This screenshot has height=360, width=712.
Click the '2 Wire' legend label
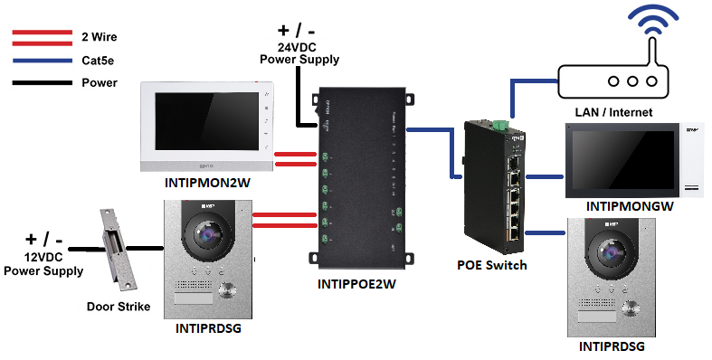coord(99,37)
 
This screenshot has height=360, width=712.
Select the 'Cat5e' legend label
coord(98,61)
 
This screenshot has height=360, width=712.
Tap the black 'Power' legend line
coord(41,83)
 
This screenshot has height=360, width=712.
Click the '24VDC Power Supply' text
coord(299,52)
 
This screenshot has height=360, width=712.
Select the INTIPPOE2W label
coord(360,283)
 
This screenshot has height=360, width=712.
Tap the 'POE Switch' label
coord(492,265)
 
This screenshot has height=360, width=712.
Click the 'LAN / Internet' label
coord(613,111)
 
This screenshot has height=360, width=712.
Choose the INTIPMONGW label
coord(630,206)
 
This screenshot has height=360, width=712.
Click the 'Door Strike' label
coord(118,306)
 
